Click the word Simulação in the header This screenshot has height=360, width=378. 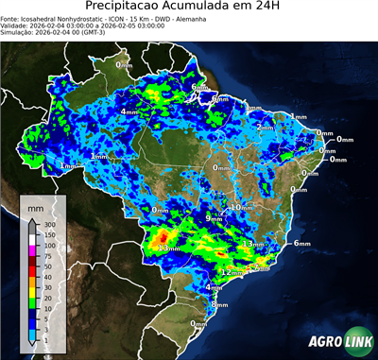click(15, 32)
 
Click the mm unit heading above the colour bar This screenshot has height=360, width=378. click(35, 206)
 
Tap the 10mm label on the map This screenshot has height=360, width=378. click(242, 206)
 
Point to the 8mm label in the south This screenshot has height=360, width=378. click(219, 304)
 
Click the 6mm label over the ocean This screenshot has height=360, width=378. click(302, 243)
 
